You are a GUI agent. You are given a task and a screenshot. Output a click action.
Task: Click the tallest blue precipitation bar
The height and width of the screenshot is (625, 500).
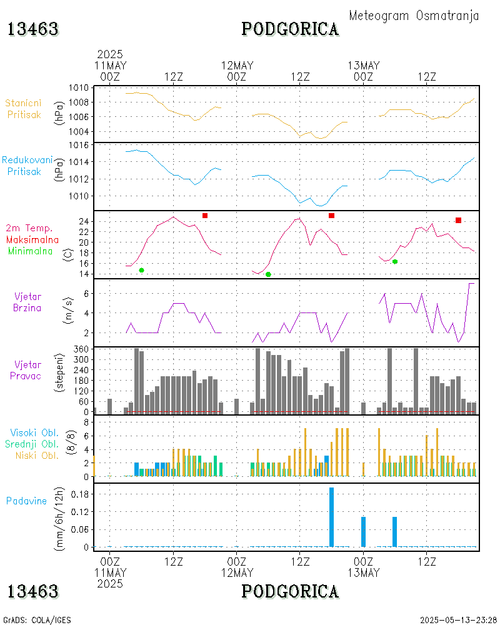(x=331, y=517)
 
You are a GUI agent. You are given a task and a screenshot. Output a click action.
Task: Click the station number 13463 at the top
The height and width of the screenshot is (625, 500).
(x=33, y=29)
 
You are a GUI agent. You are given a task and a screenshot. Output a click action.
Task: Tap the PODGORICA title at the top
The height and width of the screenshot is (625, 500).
(x=290, y=29)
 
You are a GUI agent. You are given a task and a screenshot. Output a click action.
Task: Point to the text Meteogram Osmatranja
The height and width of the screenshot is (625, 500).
(x=414, y=16)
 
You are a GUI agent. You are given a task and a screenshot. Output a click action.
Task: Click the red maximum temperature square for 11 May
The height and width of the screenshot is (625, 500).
(x=205, y=216)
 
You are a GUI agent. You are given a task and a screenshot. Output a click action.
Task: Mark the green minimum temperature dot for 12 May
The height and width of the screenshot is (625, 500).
(x=268, y=274)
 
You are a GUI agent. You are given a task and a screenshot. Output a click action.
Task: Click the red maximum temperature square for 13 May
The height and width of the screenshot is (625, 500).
(x=459, y=220)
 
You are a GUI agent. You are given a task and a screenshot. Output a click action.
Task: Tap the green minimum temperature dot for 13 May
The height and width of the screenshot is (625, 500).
(x=395, y=261)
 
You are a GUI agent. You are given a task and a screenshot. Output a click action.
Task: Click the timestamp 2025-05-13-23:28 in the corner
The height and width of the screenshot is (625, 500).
(x=457, y=620)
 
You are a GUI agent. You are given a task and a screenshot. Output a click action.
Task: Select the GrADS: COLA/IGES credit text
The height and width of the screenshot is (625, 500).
(x=37, y=620)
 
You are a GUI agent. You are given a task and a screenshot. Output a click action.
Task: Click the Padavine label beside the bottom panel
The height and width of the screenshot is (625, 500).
(x=27, y=501)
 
